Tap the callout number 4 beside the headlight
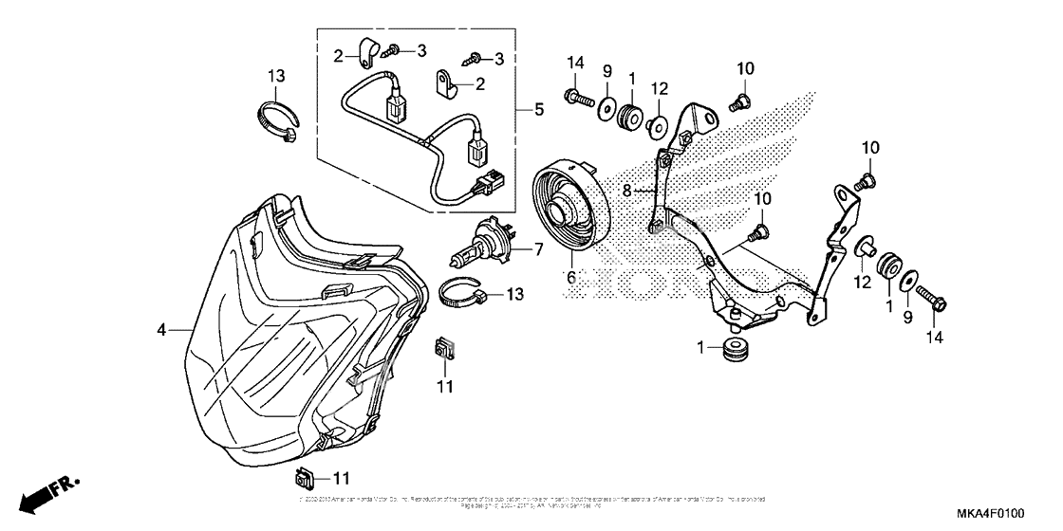(x=162, y=330)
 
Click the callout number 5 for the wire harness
(x=539, y=110)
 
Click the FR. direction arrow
(x=45, y=492)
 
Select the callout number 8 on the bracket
(x=626, y=191)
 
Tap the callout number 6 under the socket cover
(x=571, y=277)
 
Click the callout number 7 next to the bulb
(x=538, y=250)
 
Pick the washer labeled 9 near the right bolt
(x=907, y=281)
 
